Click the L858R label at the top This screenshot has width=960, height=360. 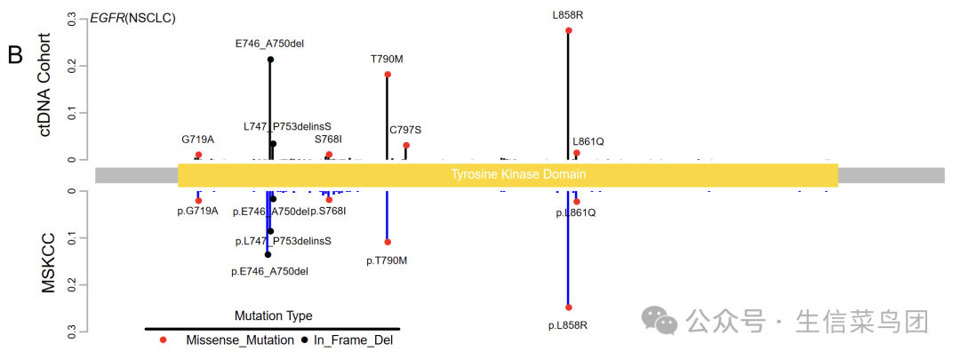(568, 14)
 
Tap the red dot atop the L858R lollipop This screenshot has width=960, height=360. (568, 30)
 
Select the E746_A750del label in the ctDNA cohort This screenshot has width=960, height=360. (270, 43)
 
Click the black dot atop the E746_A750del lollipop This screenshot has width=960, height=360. (270, 60)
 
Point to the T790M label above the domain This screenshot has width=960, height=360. (387, 59)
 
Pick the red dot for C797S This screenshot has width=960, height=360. (406, 145)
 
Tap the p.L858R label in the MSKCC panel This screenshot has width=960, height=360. (568, 324)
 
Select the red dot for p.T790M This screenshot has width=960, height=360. (388, 242)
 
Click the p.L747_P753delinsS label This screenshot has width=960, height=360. (283, 241)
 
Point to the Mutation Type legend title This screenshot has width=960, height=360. (273, 316)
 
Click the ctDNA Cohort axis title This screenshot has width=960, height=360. (47, 84)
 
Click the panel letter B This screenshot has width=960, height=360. (15, 55)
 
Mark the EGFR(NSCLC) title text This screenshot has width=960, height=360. (134, 18)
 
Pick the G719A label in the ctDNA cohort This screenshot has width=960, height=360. (198, 140)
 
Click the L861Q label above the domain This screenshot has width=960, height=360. (588, 141)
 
